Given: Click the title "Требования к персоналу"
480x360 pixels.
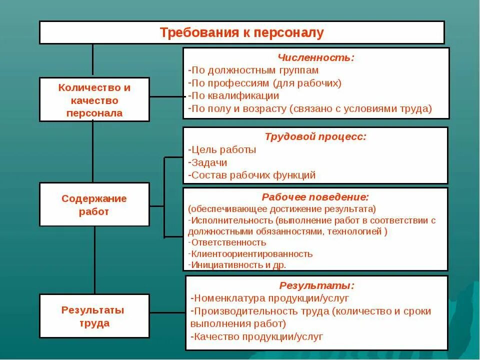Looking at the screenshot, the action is (242, 33).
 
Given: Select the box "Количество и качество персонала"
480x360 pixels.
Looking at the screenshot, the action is (94, 100).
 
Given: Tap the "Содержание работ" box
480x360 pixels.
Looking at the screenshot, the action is (94, 204).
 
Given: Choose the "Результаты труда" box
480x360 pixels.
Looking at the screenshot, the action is (94, 316).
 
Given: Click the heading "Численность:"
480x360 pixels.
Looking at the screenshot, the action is (316, 58).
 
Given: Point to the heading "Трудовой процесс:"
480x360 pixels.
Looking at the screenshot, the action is (315, 136).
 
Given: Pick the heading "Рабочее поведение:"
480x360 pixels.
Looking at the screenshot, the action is (315, 197).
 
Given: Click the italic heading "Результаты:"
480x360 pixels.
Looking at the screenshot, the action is (316, 286).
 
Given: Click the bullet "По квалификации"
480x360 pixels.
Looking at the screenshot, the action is (234, 95).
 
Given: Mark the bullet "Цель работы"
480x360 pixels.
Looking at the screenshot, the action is (223, 149).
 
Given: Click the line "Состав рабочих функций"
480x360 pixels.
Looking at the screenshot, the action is (252, 175).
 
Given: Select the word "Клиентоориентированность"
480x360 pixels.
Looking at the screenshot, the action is (251, 253).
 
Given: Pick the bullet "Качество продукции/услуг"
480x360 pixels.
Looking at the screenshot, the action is (257, 336).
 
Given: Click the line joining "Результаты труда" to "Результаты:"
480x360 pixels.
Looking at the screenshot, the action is (167, 313).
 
